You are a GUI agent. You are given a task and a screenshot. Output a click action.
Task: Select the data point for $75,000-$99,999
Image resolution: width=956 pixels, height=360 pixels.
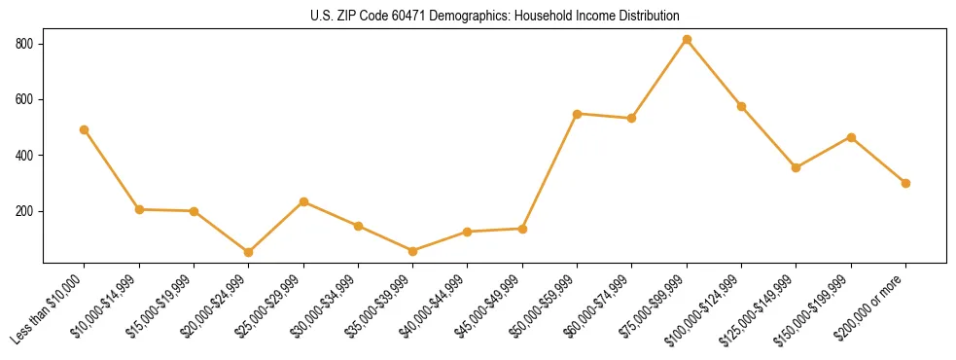pyautogui.click(x=687, y=40)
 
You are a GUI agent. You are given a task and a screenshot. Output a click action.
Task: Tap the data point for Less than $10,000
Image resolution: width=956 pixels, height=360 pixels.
pyautogui.click(x=85, y=129)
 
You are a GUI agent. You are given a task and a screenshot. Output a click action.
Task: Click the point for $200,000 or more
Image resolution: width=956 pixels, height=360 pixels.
pyautogui.click(x=905, y=183)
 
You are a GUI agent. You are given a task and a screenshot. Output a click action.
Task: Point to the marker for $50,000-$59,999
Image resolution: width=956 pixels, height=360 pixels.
pyautogui.click(x=578, y=114)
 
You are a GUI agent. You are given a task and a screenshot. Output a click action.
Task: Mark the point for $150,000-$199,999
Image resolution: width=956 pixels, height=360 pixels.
pyautogui.click(x=851, y=137)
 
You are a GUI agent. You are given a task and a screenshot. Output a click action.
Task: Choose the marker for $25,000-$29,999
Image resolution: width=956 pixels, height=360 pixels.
pyautogui.click(x=303, y=201)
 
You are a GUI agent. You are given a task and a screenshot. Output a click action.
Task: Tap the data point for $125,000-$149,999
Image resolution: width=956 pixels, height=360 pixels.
pyautogui.click(x=797, y=167)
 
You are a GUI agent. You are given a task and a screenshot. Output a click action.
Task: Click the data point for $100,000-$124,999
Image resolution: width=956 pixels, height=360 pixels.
pyautogui.click(x=741, y=106)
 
